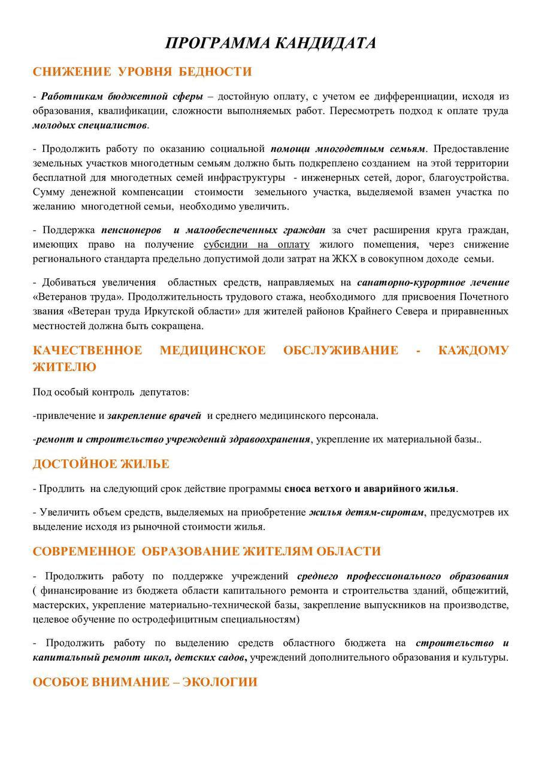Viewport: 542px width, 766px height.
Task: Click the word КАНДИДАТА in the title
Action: pos(326,43)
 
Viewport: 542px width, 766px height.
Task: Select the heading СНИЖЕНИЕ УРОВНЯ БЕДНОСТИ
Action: pos(142,72)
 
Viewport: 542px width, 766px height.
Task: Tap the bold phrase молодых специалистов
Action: pos(90,125)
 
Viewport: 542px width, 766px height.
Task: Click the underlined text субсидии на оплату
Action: pos(256,244)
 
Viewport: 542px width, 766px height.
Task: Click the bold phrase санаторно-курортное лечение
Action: pos(433,282)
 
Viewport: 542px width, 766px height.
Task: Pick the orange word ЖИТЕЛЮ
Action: pos(64,367)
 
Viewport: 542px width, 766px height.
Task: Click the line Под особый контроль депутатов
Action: pos(111,392)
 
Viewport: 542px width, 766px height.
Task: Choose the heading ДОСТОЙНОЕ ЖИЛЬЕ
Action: pos(101,464)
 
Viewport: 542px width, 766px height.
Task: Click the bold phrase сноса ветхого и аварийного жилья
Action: pos(370,488)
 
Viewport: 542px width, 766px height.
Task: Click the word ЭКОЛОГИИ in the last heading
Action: pos(220,682)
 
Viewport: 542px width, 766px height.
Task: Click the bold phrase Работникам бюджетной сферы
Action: pos(122,96)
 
